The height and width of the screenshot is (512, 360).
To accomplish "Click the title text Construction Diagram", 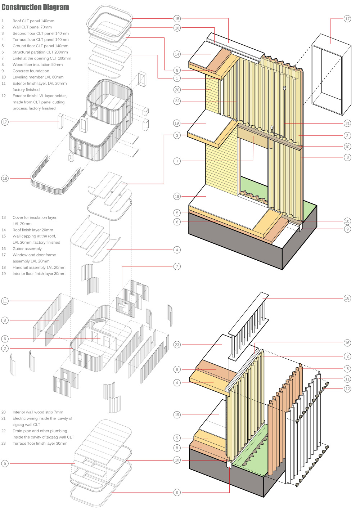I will coord(35,7).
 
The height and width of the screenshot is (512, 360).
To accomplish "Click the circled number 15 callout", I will coord(177,18).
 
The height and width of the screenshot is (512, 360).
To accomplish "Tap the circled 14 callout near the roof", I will coord(177,54).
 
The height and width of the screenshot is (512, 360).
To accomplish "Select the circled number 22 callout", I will coord(177,101).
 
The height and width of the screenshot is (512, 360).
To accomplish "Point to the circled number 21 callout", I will coord(347,123).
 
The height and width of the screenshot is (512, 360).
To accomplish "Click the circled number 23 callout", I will coord(177,345).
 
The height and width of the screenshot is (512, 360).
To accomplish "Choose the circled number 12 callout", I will coord(347,389).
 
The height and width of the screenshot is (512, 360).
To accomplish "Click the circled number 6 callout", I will coord(5,338).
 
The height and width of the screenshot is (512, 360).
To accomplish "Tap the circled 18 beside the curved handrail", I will coord(5,178).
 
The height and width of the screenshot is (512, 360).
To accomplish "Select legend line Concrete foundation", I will coord(31,71).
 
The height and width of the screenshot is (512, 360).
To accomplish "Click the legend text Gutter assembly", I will coord(27,248).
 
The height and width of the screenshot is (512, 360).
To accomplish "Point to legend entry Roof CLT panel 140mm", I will coord(33,21).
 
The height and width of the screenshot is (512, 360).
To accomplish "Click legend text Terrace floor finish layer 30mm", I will coord(40,443).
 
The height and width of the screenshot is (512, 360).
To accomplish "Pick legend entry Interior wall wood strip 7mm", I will coord(38,412).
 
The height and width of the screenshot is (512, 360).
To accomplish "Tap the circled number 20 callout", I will coord(177,90).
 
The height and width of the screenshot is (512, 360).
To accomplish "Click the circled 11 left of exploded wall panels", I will coord(5,301).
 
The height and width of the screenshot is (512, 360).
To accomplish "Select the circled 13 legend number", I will coord(4,217).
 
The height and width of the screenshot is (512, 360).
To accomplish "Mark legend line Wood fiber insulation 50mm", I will coord(37,64).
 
